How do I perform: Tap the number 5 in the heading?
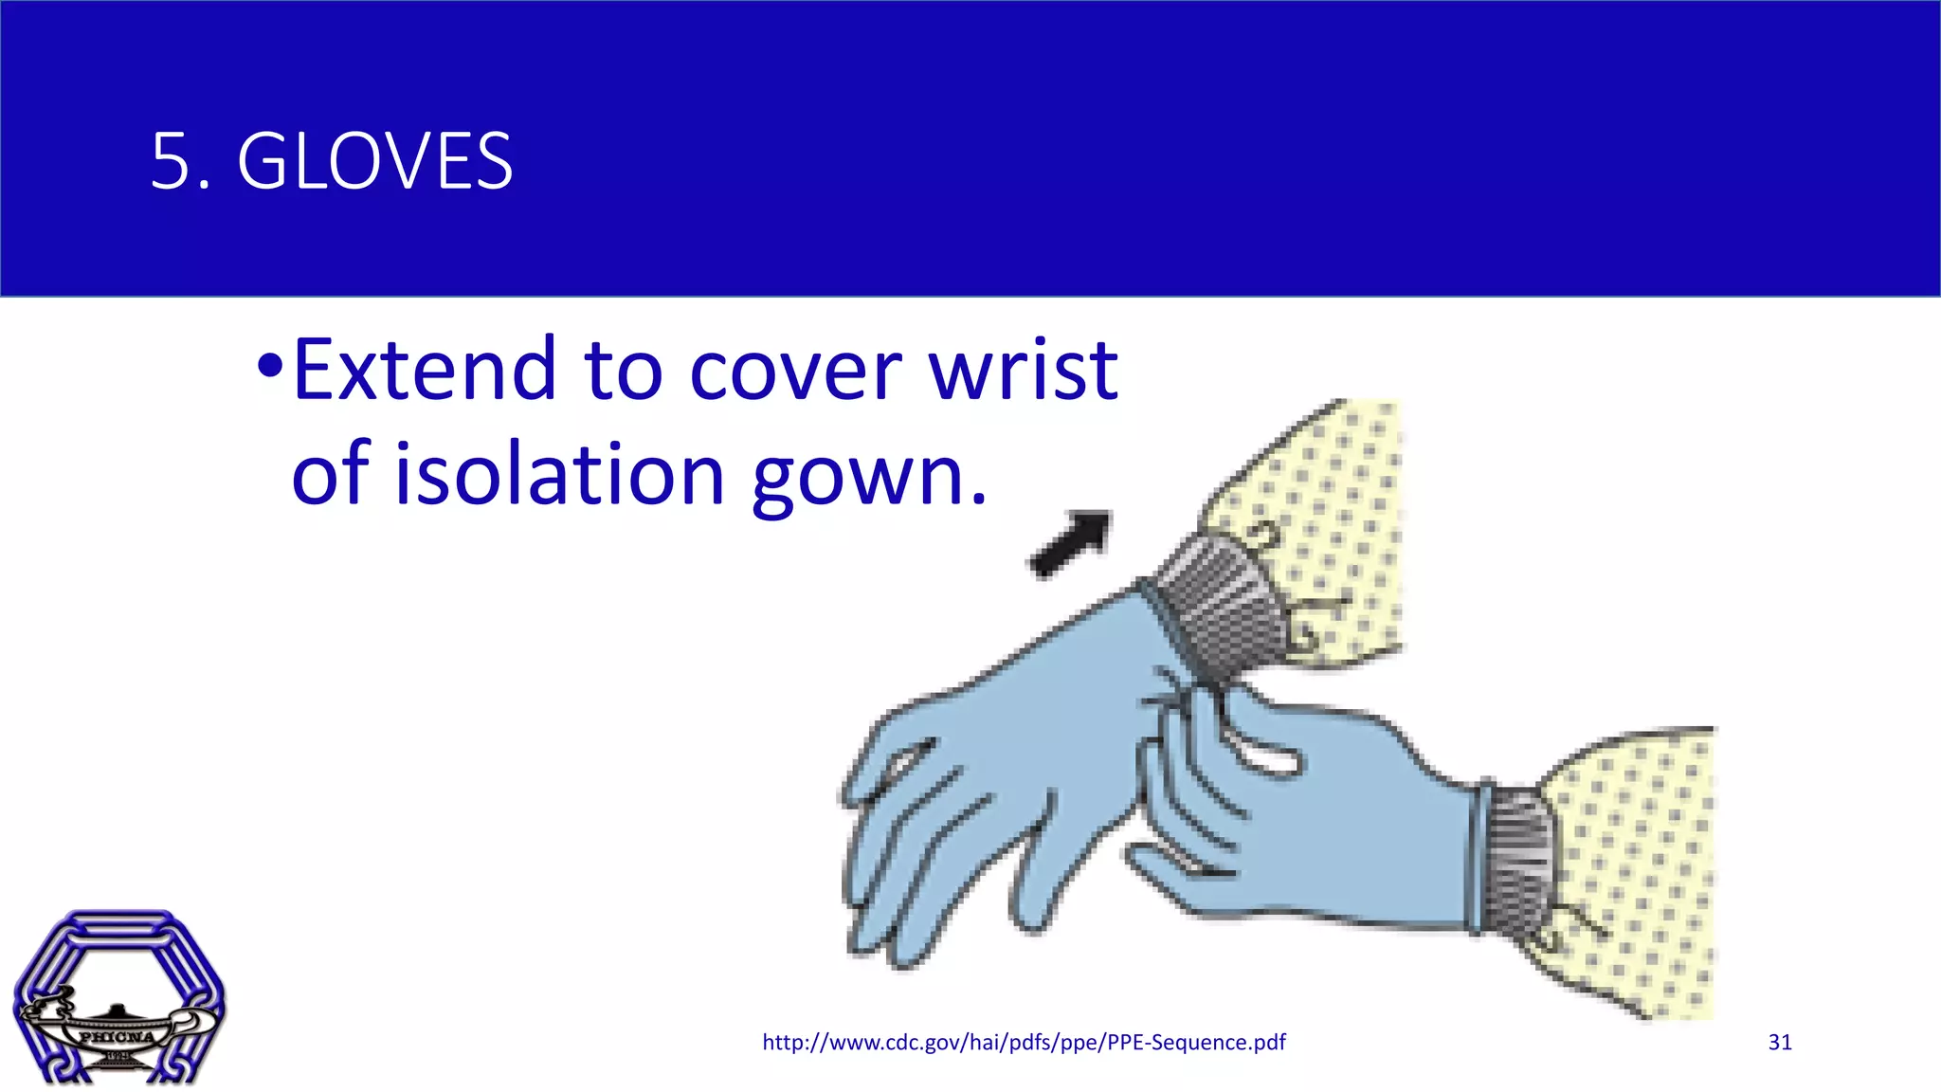pos(170,161)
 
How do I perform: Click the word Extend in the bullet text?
pos(424,370)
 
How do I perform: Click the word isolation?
pos(559,474)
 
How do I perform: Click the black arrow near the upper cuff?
pos(1072,544)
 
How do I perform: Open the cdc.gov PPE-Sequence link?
pos(1024,1043)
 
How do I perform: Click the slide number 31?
pos(1780,1043)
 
